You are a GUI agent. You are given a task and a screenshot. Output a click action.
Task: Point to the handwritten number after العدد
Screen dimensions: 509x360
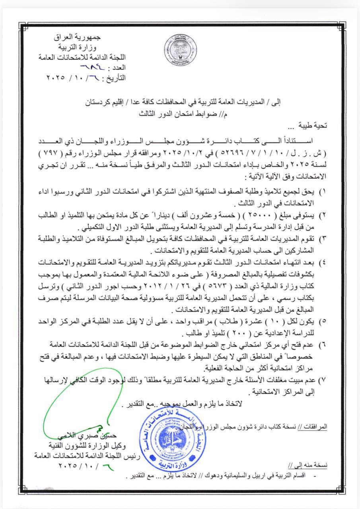[88, 67]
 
